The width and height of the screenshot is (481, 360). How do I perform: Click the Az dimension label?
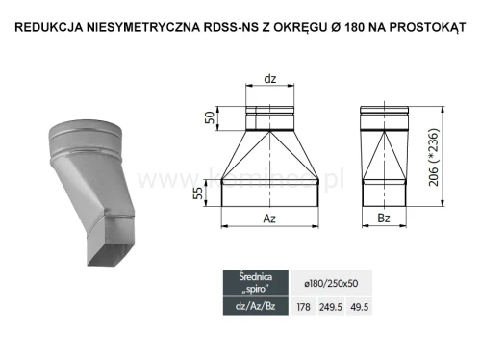click(270, 219)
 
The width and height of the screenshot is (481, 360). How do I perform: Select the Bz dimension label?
click(383, 219)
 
